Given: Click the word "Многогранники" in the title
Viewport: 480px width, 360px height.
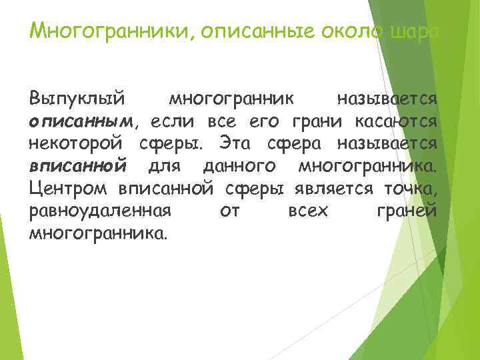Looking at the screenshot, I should [111, 31].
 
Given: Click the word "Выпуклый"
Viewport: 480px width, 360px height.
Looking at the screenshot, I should [77, 100].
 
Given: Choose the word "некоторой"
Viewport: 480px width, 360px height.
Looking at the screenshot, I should [80, 144].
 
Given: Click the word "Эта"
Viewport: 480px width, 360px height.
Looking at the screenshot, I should [234, 144].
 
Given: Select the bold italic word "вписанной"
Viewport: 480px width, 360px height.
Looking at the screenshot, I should [78, 166].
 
